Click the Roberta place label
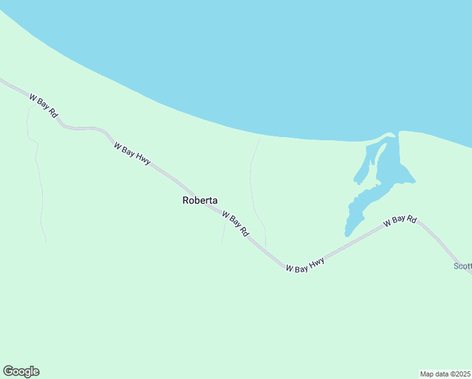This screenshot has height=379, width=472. point(200,201)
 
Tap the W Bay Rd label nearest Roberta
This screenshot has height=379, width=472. point(235,224)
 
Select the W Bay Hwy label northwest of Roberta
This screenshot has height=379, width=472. point(132,153)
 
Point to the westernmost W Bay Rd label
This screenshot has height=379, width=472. point(44,105)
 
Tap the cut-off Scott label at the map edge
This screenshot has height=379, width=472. point(463,266)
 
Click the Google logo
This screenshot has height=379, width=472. point(21,371)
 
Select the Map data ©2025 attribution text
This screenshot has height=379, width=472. point(445,373)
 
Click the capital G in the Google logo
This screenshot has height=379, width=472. point(8,371)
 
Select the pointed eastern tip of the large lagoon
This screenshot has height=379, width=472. point(413,181)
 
